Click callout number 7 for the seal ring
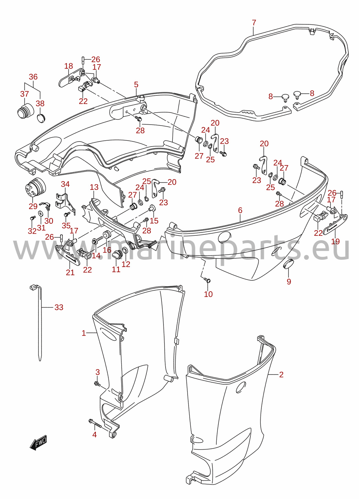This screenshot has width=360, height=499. tap(254, 23)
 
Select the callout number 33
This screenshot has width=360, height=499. tap(59, 307)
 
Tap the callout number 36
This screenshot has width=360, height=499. tap(33, 77)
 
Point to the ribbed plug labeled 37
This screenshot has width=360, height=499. tap(25, 111)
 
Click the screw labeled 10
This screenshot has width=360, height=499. tap(207, 280)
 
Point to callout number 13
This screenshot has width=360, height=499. tap(94, 187)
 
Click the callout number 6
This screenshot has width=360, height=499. tap(240, 210)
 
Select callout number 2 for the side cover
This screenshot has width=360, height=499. tap(281, 374)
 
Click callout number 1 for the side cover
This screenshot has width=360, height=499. tap(84, 333)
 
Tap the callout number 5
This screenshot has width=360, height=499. tap(136, 85)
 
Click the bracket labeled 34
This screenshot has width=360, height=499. tap(65, 204)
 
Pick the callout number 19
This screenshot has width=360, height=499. tap(335, 241)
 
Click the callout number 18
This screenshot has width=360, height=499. tap(69, 66)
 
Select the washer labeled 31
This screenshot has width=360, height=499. tap(41, 213)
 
